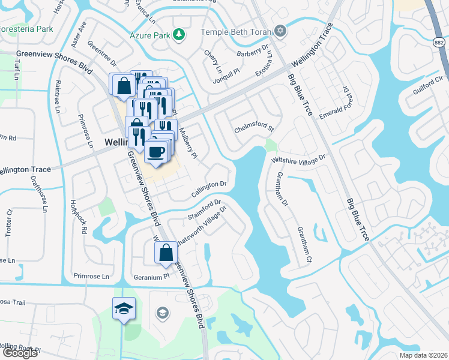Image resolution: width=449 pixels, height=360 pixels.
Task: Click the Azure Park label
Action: [x=150, y=35]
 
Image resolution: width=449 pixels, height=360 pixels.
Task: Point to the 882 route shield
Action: [x=441, y=43]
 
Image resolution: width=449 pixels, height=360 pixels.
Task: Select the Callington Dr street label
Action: [x=209, y=188]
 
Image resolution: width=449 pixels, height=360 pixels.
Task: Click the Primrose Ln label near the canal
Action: [x=91, y=276]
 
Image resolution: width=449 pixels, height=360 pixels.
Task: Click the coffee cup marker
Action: [x=157, y=151]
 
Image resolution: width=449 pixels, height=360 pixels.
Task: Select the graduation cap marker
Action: [x=124, y=309]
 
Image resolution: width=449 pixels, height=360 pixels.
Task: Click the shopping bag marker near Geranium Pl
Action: [x=166, y=253]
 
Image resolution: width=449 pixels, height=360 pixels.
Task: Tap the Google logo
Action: [x=20, y=353]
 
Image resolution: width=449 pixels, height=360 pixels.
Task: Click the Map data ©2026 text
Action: [x=422, y=355]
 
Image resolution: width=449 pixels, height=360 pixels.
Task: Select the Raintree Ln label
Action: [x=58, y=98]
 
